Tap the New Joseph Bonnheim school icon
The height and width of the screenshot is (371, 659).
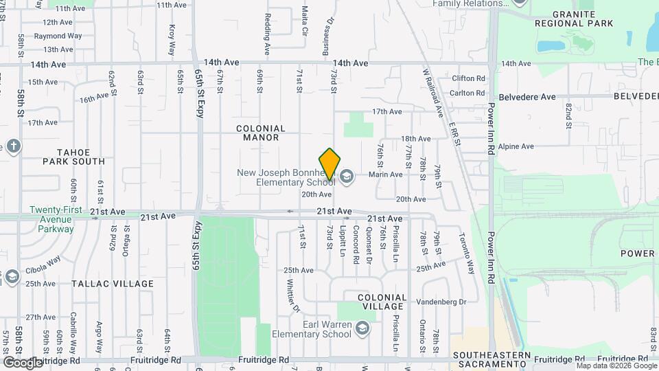coord(346,177)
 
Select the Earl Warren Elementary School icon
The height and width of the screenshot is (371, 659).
coord(362,329)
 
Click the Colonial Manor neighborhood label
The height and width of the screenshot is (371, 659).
coord(260,133)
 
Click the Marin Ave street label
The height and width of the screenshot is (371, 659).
coord(385,175)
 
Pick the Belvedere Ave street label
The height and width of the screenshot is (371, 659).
coord(527,97)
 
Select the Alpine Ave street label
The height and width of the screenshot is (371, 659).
coord(517,146)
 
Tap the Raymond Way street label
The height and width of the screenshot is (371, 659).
coord(58,36)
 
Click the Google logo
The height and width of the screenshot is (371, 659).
coord(22,362)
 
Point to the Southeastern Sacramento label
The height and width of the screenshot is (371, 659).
coord(492,359)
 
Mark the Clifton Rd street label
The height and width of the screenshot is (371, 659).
coord(468,78)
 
